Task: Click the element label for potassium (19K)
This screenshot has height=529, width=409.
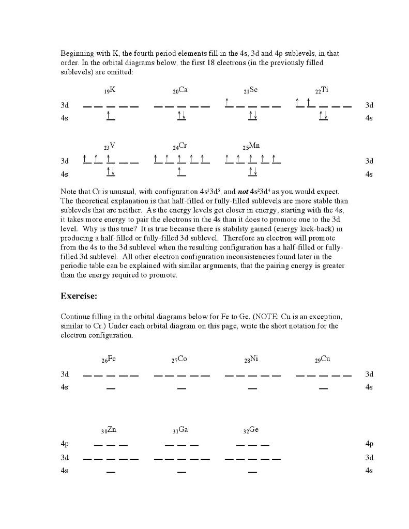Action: pyautogui.click(x=110, y=90)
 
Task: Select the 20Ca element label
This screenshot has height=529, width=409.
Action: pyautogui.click(x=180, y=90)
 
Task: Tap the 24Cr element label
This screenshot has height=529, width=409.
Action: pyautogui.click(x=180, y=146)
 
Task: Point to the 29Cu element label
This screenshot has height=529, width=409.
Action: pyautogui.click(x=323, y=360)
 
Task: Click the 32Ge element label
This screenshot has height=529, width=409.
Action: pyautogui.click(x=251, y=430)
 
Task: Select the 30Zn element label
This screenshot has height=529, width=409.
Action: pyautogui.click(x=109, y=430)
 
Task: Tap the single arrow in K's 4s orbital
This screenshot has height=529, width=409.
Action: pyautogui.click(x=110, y=116)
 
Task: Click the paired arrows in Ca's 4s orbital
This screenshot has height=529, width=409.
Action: pyautogui.click(x=181, y=116)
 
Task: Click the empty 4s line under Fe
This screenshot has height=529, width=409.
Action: pyautogui.click(x=111, y=387)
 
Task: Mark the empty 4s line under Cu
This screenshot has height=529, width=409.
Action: pyautogui.click(x=323, y=387)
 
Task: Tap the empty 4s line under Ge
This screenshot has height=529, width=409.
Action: pyautogui.click(x=252, y=472)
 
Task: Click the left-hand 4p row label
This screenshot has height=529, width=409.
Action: pyautogui.click(x=65, y=443)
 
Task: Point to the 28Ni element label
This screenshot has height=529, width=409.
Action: pyautogui.click(x=251, y=360)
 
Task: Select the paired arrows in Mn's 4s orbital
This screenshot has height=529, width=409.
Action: pyautogui.click(x=252, y=172)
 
